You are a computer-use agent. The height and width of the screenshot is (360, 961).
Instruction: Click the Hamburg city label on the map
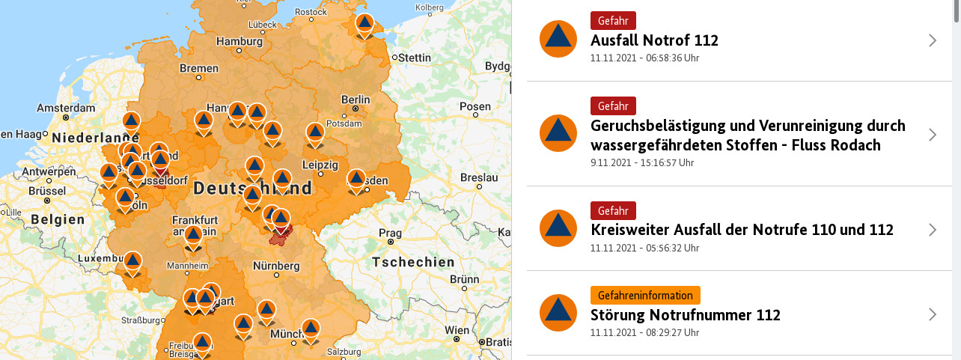(x=240, y=41)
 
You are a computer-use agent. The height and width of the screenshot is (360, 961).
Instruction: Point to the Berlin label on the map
(x=356, y=100)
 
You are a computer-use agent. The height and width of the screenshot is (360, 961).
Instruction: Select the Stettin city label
(x=415, y=58)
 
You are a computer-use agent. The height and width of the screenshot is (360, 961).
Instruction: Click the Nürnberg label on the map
(x=276, y=266)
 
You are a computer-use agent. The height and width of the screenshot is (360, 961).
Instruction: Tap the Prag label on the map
(x=390, y=233)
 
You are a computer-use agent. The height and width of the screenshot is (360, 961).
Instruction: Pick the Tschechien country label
(x=413, y=262)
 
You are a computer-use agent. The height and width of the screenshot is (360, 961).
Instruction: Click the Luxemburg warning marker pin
(x=132, y=262)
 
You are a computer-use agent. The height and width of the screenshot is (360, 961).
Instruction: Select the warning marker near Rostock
(x=364, y=24)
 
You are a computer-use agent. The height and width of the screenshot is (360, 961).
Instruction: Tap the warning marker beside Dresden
(x=356, y=180)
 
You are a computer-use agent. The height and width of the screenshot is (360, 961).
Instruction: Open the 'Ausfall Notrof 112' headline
(x=654, y=40)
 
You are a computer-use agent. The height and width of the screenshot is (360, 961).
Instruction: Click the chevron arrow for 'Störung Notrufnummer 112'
(x=933, y=314)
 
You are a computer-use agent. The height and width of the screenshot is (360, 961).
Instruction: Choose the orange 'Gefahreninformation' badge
(x=644, y=295)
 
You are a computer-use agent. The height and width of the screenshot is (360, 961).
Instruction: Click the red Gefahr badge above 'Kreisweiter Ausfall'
(x=612, y=210)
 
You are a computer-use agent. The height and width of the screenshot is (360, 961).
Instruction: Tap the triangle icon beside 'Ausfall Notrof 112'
(x=558, y=39)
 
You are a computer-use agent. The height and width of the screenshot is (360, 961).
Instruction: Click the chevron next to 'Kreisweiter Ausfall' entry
(x=933, y=230)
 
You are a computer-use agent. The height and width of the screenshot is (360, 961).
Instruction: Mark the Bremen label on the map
(x=198, y=69)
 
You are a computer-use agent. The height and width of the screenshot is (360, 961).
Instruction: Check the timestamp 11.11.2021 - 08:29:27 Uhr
(x=644, y=332)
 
